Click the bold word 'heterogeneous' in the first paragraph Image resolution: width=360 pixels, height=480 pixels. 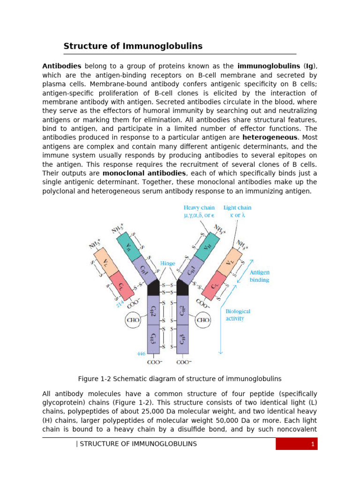(270, 137)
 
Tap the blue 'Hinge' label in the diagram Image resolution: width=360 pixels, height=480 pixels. (167, 264)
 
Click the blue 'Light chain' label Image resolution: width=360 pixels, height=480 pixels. (237, 207)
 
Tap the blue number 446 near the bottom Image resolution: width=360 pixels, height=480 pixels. (141, 354)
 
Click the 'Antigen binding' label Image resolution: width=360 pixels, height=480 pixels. (259, 276)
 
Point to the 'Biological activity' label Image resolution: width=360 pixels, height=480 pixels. (238, 315)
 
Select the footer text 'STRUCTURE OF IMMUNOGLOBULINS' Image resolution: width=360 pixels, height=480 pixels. (138, 444)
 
